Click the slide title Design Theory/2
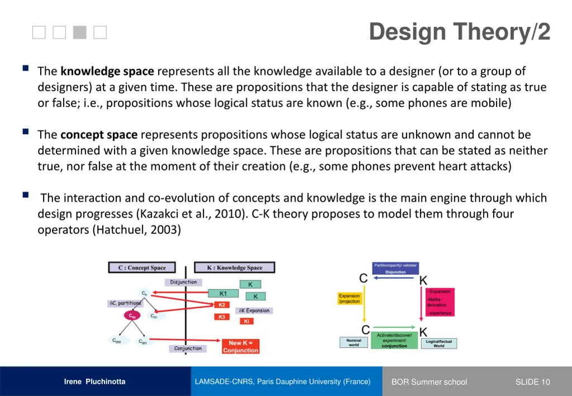[x=459, y=32]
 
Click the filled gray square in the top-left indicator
[x=80, y=33]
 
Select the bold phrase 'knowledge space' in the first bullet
[x=107, y=71]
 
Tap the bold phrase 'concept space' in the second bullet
[x=98, y=135]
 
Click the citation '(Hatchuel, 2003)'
[x=136, y=230]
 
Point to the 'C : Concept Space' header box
[x=142, y=268]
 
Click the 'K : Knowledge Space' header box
[x=234, y=268]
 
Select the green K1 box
[x=223, y=293]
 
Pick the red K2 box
[x=222, y=305]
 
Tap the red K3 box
[x=222, y=317]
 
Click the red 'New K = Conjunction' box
[x=240, y=346]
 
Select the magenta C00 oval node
[x=132, y=316]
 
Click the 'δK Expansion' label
[x=254, y=311]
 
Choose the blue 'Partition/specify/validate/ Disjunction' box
[x=395, y=268]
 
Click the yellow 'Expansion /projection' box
[x=350, y=299]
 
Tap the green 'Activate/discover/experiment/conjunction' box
[x=394, y=340]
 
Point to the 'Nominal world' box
[x=354, y=342]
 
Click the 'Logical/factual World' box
[x=438, y=343]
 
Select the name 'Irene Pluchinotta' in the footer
[x=94, y=382]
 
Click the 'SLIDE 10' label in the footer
[x=532, y=382]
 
